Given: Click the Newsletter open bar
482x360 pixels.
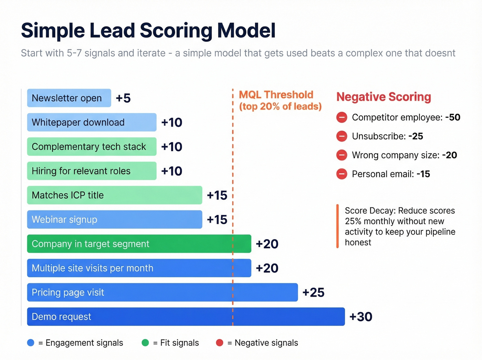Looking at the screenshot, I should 69,98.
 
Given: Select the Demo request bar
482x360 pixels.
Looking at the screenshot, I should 186,317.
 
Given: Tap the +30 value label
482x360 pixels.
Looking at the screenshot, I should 361,317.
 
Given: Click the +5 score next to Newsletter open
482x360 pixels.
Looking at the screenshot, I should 123,98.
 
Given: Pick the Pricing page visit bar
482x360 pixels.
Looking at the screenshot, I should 162,292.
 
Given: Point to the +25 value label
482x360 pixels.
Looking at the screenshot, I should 313,292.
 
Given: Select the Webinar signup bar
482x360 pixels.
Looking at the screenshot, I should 114,219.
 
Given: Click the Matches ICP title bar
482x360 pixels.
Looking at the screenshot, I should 114,195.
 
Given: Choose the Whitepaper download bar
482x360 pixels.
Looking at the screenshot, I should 92,122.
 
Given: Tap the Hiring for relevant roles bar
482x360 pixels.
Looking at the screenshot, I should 92,171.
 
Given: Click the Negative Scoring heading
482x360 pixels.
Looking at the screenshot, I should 384,97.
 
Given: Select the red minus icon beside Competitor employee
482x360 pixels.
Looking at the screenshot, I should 342,117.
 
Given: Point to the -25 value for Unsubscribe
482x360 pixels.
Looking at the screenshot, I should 416,136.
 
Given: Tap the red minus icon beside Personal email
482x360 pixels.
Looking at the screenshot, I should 342,174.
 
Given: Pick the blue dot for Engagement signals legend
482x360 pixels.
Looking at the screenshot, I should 31,343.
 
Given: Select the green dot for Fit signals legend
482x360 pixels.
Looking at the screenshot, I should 145,343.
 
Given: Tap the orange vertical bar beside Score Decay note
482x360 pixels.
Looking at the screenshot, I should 337,226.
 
